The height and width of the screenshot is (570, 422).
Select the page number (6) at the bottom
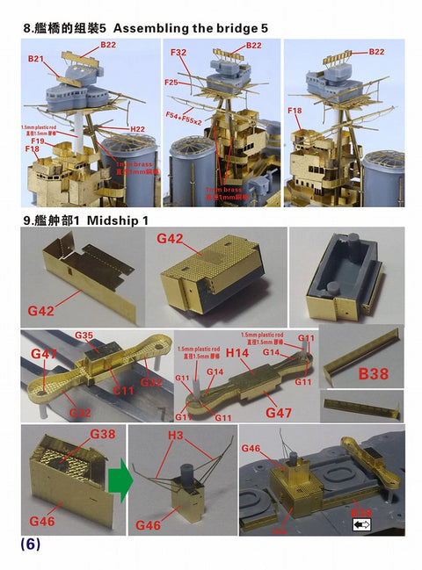point(30,544)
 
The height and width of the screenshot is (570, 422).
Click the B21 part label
point(36,59)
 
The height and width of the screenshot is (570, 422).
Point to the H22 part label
point(137,128)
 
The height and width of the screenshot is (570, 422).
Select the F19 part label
point(38,141)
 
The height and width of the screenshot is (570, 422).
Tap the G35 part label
point(84,336)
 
